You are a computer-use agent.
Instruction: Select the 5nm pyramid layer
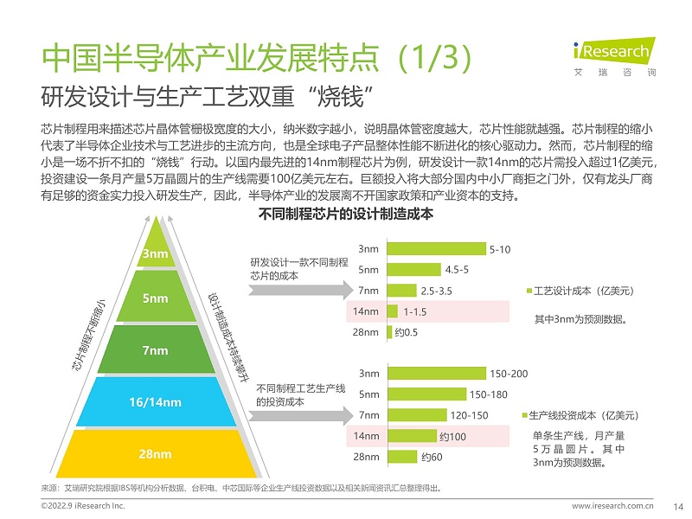coord(155,298)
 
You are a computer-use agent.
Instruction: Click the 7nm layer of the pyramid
coord(155,350)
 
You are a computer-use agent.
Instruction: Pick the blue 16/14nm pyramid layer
coord(155,402)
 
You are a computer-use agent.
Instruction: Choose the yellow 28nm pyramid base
coord(155,453)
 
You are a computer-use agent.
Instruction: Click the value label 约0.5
coord(407,332)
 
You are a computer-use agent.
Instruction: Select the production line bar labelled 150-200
coord(437,374)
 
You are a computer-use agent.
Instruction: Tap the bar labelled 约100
coord(412,436)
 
